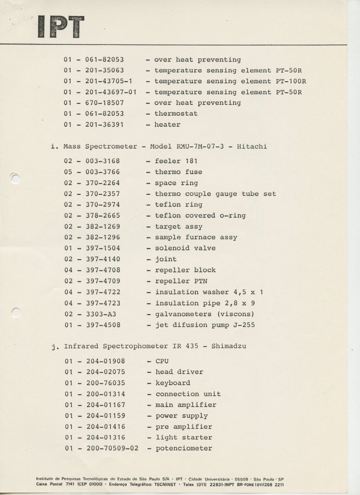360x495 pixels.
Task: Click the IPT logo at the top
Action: pyautogui.click(x=60, y=27)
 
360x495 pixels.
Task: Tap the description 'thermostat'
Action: pyautogui.click(x=176, y=114)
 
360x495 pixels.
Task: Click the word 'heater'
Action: pyautogui.click(x=167, y=125)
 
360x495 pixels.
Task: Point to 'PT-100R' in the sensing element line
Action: pyautogui.click(x=291, y=81)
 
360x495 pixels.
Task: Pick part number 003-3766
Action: pyautogui.click(x=103, y=172)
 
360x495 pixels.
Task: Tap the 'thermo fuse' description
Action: pyautogui.click(x=179, y=172)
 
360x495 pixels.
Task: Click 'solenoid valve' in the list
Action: pyautogui.click(x=185, y=248)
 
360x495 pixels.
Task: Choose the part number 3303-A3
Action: pyautogui.click(x=101, y=314)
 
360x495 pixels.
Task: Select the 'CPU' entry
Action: pyautogui.click(x=162, y=361)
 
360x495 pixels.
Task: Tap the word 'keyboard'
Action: pyautogui.click(x=173, y=383)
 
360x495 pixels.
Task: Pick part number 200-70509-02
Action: pyautogui.click(x=112, y=449)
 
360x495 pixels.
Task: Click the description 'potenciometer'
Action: pyautogui.click(x=184, y=449)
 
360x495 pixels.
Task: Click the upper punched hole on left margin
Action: pyautogui.click(x=15, y=178)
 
